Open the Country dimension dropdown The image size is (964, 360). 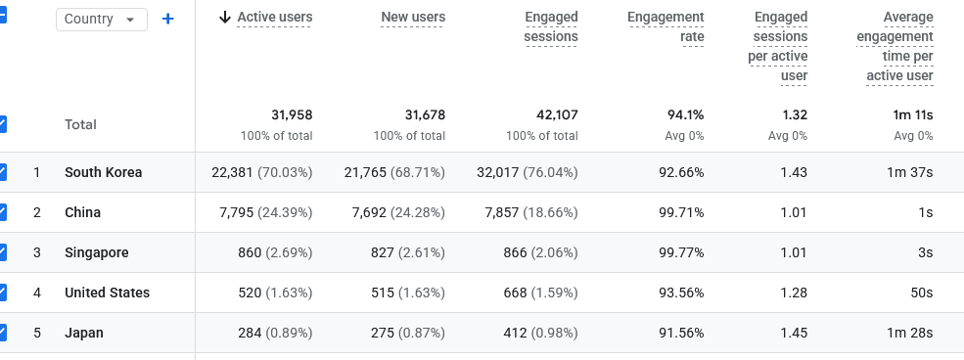(x=102, y=19)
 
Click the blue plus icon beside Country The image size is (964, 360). (x=167, y=19)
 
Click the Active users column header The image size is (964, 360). (x=275, y=18)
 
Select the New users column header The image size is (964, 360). (x=413, y=18)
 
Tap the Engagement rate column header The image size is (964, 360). (x=666, y=27)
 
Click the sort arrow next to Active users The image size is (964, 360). (x=225, y=18)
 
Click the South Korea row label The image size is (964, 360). (x=104, y=172)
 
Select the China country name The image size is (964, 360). (x=82, y=212)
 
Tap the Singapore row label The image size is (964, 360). (x=97, y=252)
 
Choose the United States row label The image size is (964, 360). (x=107, y=292)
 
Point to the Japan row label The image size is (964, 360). (x=83, y=333)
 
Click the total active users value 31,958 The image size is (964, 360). (x=292, y=114)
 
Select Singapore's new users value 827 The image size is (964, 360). (x=383, y=252)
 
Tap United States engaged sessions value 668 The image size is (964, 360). (x=515, y=292)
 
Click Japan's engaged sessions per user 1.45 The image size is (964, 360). (x=794, y=333)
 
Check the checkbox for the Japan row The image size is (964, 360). (x=2, y=333)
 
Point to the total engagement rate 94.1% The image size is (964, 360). (x=685, y=114)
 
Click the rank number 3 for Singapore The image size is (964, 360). (x=37, y=252)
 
